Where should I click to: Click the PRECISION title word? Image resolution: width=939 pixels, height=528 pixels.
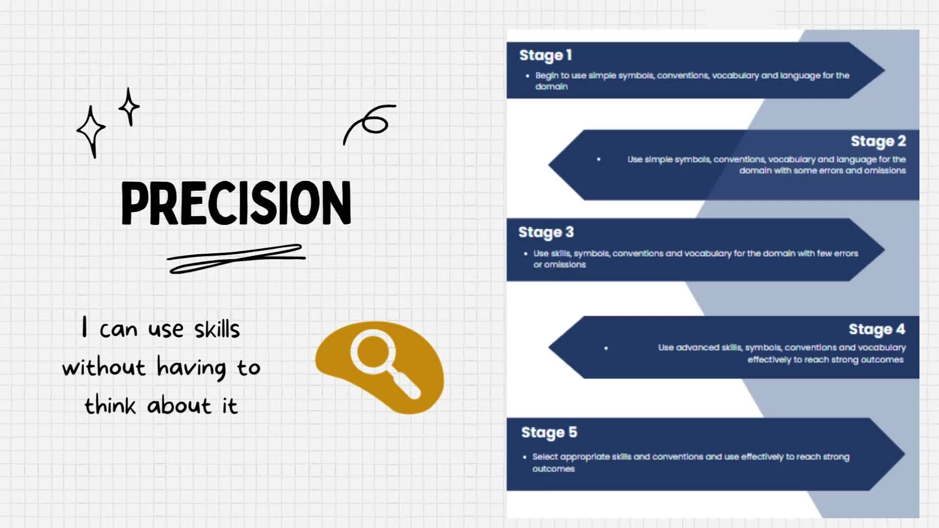236,203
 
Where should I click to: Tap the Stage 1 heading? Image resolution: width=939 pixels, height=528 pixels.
545,56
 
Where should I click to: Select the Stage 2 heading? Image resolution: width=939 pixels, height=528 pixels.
878,141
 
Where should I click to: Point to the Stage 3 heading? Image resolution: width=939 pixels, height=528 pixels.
546,233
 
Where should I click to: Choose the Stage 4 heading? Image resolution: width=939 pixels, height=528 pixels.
877,330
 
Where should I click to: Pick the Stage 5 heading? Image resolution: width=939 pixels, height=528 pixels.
549,433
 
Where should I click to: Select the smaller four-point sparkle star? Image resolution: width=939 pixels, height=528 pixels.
129,107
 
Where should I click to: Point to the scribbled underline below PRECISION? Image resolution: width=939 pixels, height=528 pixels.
236,259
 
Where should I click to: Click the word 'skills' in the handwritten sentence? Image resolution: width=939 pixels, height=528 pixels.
217,329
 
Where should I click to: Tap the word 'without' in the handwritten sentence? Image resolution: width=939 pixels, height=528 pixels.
104,367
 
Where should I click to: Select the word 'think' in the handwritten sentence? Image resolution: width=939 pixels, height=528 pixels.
110,405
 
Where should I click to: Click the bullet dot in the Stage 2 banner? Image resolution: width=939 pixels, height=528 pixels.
599,159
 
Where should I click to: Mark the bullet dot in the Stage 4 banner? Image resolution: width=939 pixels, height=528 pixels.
606,348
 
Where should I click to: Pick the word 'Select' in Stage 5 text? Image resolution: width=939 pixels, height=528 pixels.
545,457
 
